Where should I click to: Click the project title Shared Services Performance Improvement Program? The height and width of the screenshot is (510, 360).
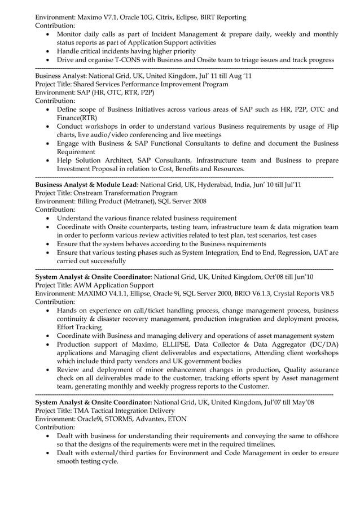pyautogui.click(x=153, y=84)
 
